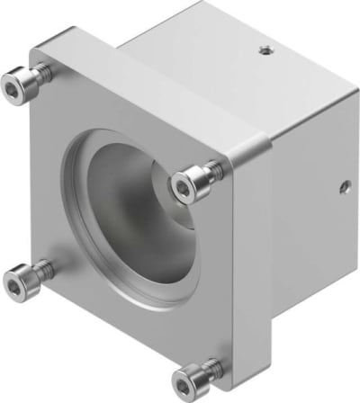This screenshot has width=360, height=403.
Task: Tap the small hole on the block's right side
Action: coord(343,189)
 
